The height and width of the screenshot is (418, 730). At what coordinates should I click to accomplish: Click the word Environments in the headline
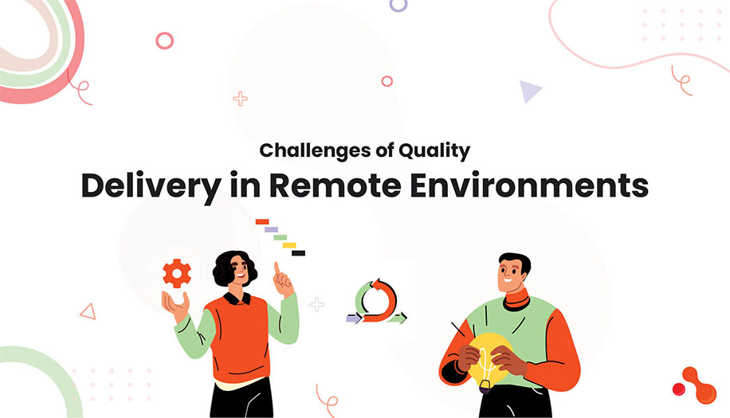546,185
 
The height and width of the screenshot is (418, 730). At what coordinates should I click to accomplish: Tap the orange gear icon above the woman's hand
176,273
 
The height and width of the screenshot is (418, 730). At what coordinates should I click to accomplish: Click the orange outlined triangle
88,311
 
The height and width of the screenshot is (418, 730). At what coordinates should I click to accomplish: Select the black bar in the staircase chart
298,253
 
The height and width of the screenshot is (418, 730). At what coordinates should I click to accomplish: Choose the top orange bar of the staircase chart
262,221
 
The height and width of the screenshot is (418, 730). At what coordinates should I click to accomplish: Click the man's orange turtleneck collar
516,300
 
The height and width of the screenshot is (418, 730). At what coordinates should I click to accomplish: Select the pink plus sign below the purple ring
240,99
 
